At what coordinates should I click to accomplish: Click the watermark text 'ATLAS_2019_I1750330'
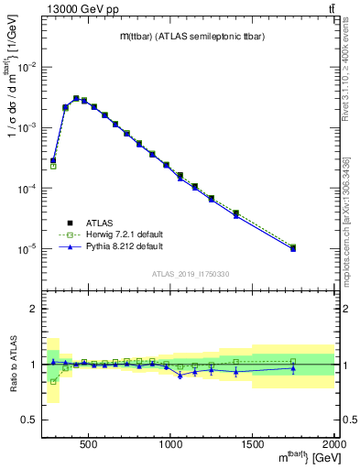[x=190, y=273]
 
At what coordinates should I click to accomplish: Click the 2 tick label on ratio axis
[x=32, y=309]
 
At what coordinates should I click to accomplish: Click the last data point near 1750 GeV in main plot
[x=293, y=248]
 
